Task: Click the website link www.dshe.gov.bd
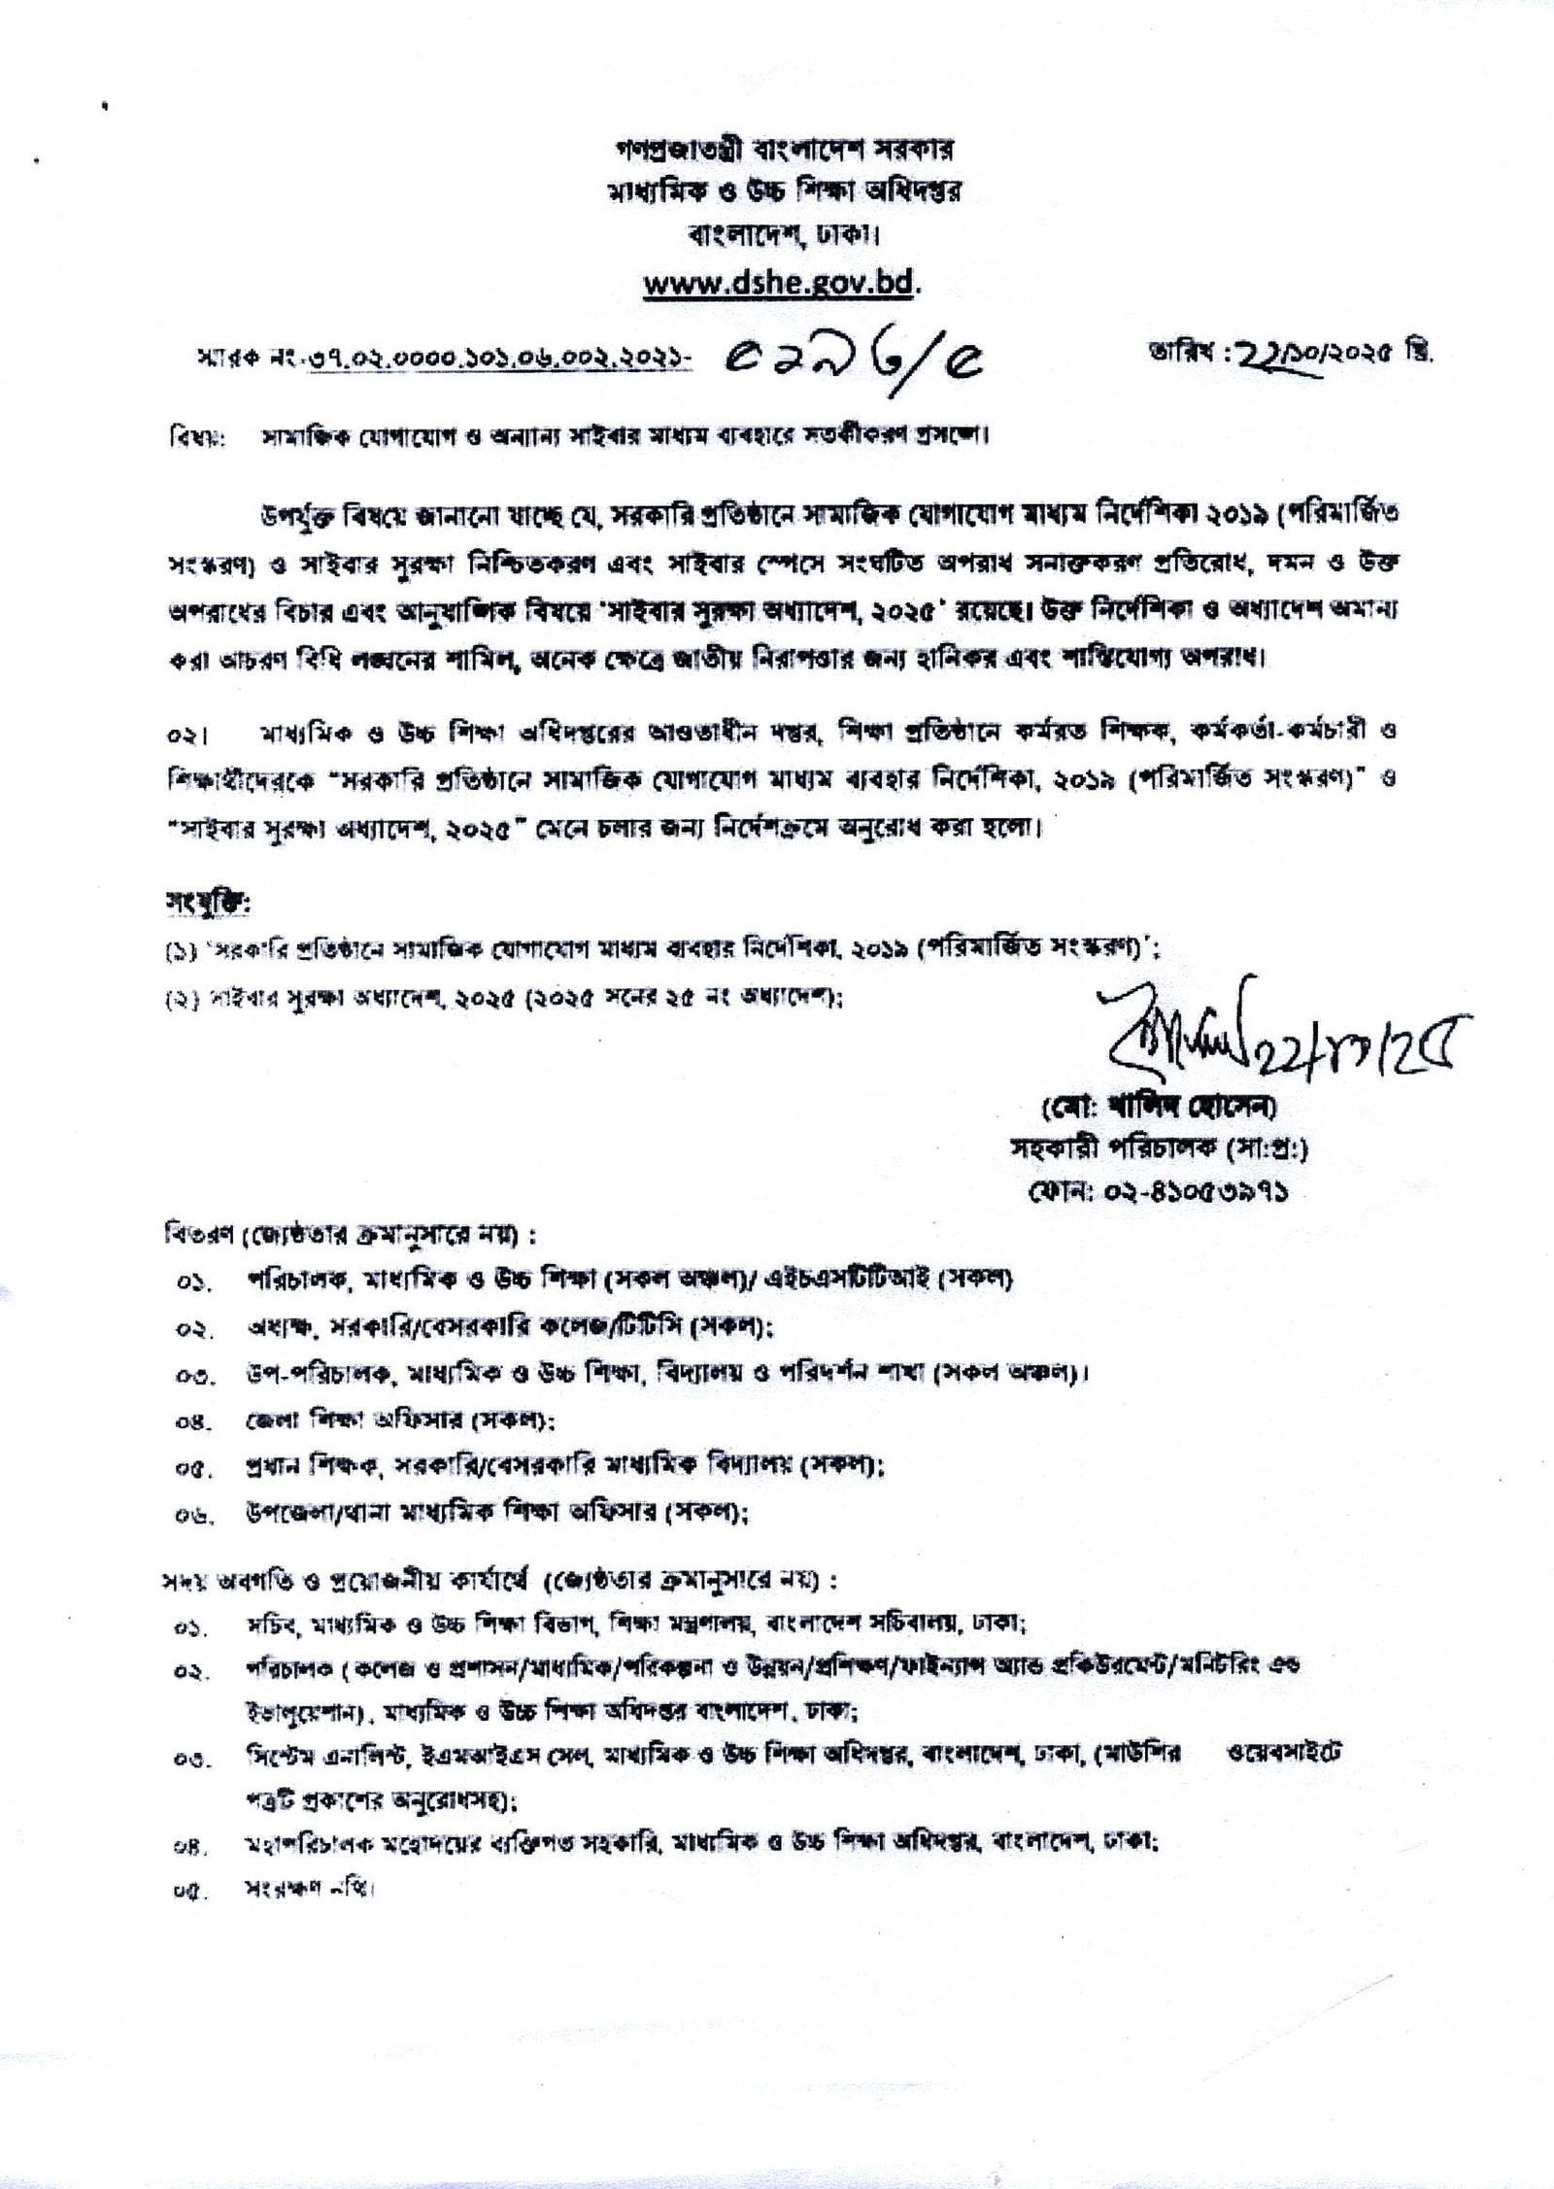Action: [781, 284]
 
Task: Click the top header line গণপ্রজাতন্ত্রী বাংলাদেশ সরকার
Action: [781, 151]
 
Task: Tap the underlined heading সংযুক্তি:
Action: [208, 906]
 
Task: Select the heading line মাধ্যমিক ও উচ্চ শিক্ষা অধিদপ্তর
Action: [781, 192]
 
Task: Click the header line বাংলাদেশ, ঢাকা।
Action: [781, 235]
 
